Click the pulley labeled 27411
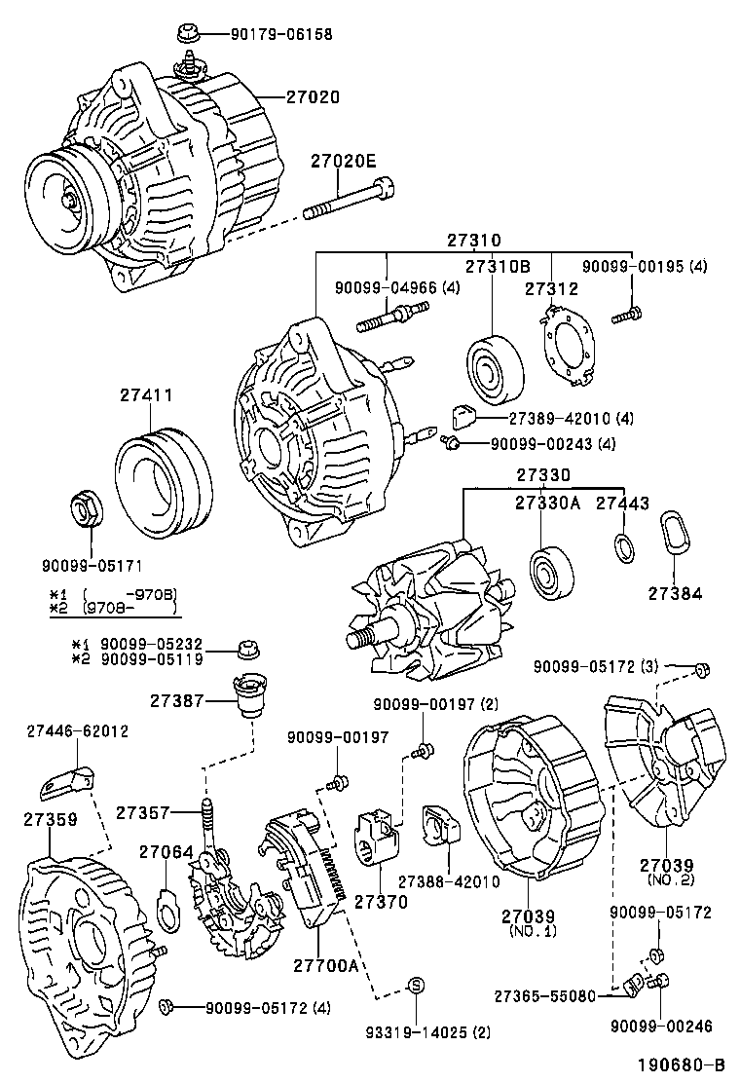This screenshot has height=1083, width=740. click(x=164, y=481)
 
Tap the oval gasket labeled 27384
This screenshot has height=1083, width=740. click(x=672, y=537)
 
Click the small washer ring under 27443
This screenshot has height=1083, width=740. click(x=624, y=548)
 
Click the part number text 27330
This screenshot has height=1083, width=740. click(x=542, y=475)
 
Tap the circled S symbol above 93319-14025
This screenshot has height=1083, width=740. click(x=413, y=985)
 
